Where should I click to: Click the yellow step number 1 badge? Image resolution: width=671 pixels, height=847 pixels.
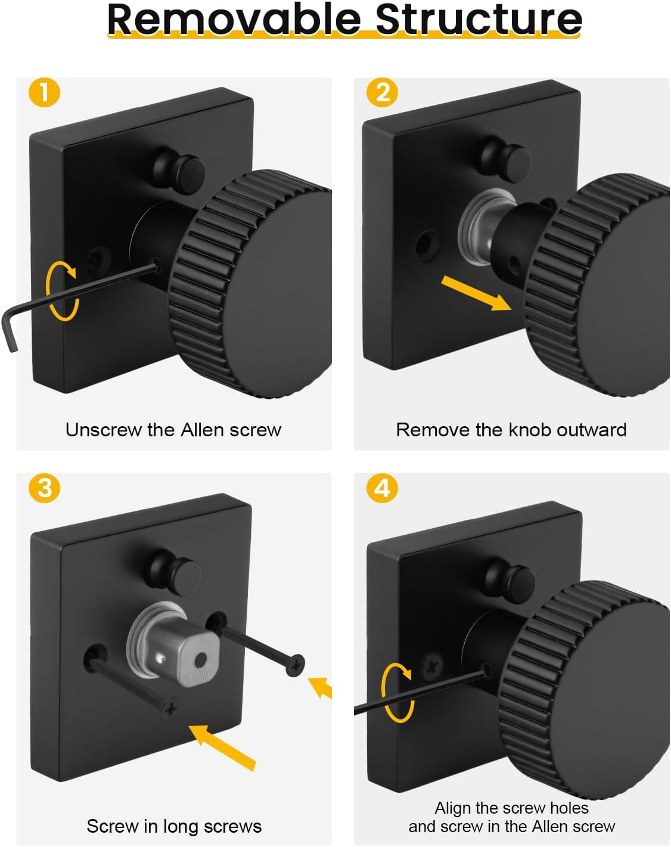click(x=44, y=93)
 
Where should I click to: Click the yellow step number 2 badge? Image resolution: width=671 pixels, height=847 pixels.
click(x=383, y=93)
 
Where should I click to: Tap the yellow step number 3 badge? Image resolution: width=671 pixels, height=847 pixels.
click(x=44, y=488)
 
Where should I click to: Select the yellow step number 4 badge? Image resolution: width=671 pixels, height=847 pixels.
click(x=383, y=488)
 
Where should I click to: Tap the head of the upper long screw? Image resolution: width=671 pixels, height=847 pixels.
click(x=295, y=664)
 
